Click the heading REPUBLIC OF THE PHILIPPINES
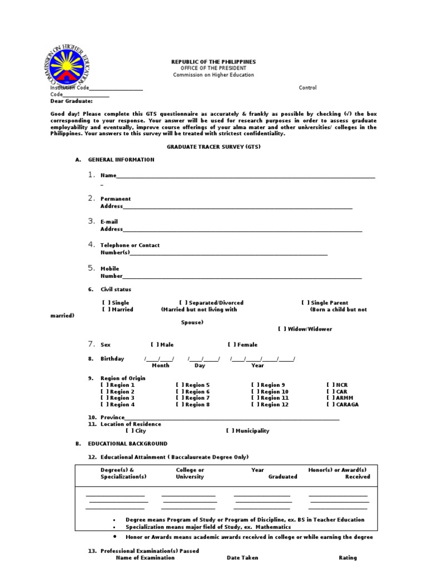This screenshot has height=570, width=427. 213,62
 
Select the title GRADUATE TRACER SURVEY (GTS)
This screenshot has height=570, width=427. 213,146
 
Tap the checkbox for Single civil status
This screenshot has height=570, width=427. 106,303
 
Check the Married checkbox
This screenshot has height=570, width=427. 106,309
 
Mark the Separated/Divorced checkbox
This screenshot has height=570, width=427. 183,303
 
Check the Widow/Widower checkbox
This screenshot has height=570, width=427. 282,329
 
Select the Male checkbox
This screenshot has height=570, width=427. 155,345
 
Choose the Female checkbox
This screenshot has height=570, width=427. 231,345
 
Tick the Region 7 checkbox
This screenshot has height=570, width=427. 180,398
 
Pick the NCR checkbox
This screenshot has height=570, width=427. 330,385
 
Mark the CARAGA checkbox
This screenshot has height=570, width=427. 330,405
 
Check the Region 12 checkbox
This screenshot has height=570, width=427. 255,405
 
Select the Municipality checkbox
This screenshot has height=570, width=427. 230,431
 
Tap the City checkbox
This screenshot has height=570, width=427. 130,431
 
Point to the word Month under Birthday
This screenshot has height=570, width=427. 161,366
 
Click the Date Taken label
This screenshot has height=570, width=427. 242,558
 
